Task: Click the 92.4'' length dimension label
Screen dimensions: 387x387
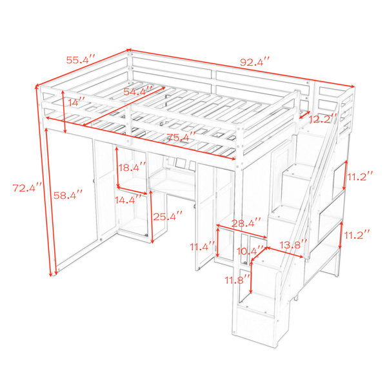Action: pos(255,62)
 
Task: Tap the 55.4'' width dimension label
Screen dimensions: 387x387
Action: pos(81,60)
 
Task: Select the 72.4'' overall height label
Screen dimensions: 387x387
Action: pos(27,188)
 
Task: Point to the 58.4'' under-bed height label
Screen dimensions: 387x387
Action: pos(68,195)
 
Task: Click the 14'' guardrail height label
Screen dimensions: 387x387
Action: pos(76,102)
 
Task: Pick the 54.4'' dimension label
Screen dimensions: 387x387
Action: pos(138,91)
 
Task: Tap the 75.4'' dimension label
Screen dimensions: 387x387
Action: pos(181,137)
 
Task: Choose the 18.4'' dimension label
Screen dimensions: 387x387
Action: pos(132,167)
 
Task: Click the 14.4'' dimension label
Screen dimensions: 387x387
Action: pos(128,199)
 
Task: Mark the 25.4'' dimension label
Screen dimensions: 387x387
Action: pos(168,217)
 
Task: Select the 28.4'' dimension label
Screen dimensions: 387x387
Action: pos(246,223)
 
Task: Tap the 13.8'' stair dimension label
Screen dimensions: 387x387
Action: pos(293,244)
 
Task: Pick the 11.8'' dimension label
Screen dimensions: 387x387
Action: pos(237,280)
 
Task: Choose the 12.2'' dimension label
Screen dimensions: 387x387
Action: pos(322,119)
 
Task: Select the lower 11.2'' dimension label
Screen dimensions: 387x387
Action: pos(357,235)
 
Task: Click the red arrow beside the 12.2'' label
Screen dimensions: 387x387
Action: pos(304,115)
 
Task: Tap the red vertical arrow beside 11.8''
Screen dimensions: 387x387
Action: pos(251,277)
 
